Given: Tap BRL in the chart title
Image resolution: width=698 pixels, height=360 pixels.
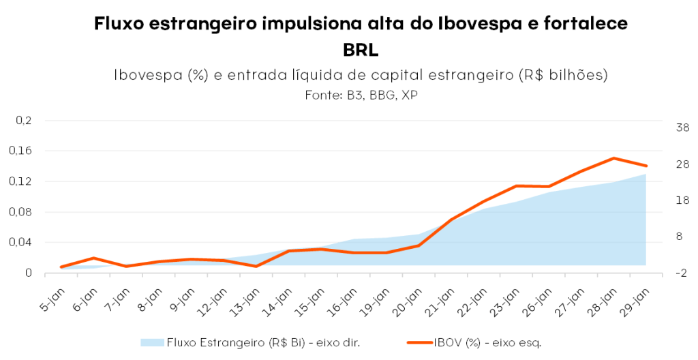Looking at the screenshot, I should [x=361, y=50].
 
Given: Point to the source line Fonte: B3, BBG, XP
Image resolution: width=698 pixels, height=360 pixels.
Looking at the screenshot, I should [x=361, y=95].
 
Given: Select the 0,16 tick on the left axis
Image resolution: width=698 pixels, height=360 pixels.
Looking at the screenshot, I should [x=23, y=151].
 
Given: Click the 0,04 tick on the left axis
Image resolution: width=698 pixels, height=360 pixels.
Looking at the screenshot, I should [x=23, y=242].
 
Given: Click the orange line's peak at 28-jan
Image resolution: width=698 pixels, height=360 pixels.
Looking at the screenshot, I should [x=613, y=158].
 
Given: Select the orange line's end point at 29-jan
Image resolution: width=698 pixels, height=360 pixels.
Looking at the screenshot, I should [x=646, y=166].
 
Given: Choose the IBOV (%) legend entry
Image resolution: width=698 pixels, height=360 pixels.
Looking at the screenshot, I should [x=487, y=342].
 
